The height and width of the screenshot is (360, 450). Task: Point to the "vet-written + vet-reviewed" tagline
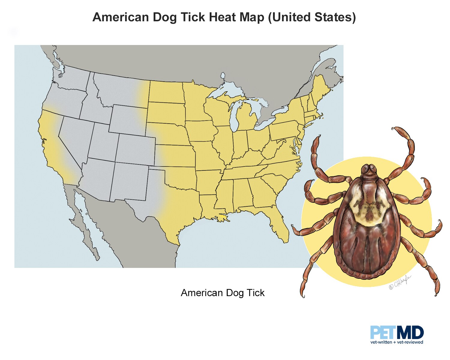(397, 342)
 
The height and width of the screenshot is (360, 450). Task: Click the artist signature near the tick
(400, 282)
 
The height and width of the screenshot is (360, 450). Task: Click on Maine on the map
(320, 87)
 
